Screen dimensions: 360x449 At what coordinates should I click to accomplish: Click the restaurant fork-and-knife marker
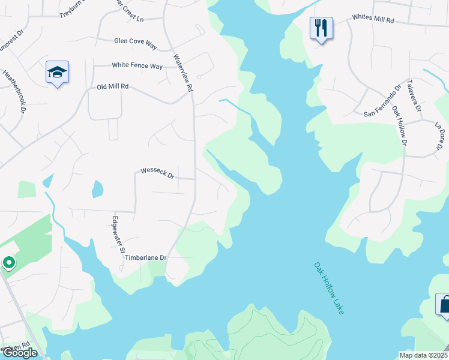[x=321, y=28]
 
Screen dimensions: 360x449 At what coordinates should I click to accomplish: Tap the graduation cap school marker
[x=58, y=73]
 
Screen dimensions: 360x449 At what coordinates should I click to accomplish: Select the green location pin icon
[x=8, y=263]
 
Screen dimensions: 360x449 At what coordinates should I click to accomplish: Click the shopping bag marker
[x=444, y=304]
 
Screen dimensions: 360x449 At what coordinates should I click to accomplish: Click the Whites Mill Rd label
[x=373, y=20]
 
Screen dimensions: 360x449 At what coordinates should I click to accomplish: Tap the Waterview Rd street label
[x=183, y=73]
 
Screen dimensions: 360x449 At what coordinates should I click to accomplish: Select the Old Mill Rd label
[x=113, y=87]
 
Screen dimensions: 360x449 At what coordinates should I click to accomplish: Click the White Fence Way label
[x=137, y=66]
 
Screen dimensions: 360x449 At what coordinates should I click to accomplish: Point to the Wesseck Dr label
[x=157, y=173]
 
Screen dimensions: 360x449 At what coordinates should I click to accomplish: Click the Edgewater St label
[x=118, y=235]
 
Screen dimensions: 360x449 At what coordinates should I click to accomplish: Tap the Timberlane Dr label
[x=146, y=257]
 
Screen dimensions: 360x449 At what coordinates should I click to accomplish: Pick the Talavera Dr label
[x=415, y=96]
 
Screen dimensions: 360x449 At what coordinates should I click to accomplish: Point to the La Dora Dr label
[x=439, y=136]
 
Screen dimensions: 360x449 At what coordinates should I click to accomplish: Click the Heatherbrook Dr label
[x=13, y=92]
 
